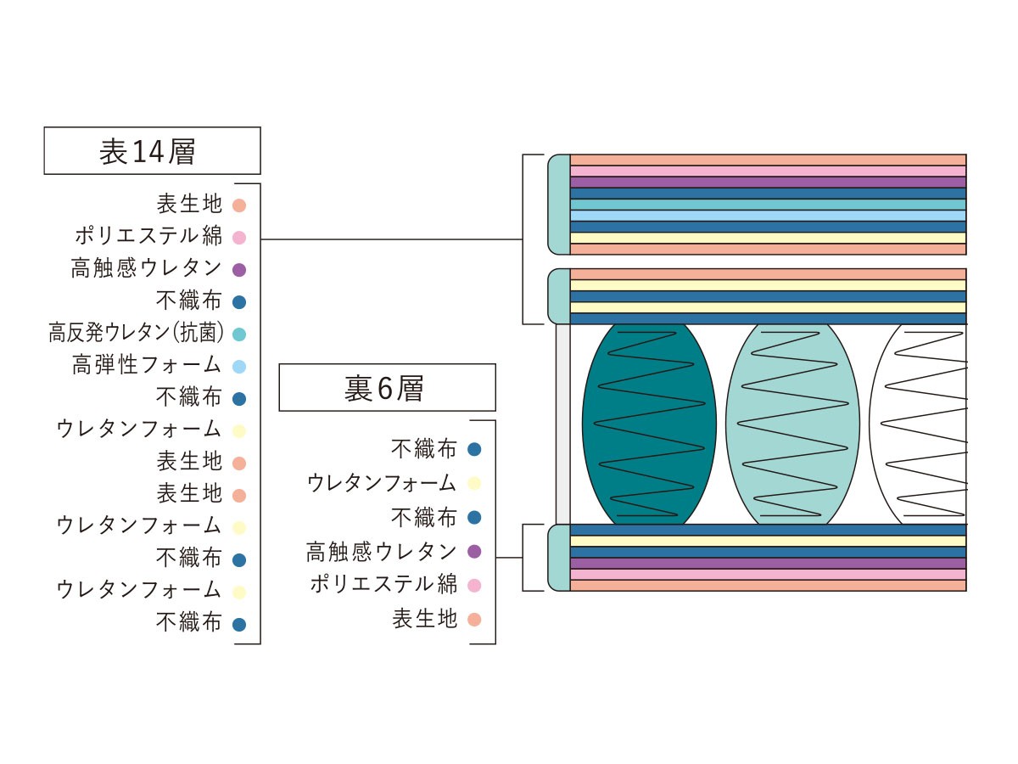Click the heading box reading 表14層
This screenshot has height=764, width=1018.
152,151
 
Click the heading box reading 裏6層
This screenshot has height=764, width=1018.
387,387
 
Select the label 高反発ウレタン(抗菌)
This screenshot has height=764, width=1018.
137,333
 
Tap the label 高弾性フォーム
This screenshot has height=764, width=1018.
147,365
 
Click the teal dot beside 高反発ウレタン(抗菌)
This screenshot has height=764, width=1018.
239,334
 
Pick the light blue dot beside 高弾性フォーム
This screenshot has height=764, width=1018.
239,367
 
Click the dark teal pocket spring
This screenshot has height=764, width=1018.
649,424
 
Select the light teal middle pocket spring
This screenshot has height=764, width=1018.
792,424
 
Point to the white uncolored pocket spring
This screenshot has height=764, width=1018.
918,424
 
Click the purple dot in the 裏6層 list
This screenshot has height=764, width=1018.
474,552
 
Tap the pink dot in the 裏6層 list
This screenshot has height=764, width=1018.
474,586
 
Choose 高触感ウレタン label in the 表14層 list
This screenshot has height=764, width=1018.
147,268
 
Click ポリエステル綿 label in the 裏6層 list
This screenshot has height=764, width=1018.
383,584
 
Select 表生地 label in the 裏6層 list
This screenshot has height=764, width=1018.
425,618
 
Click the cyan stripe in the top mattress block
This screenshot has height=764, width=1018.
768,205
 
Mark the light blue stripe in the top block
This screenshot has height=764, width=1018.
768,216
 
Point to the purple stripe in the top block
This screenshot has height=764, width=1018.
768,183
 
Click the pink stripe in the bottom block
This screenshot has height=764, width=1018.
768,575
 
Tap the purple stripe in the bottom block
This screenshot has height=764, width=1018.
768,563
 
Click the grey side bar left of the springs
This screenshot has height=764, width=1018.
563,424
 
